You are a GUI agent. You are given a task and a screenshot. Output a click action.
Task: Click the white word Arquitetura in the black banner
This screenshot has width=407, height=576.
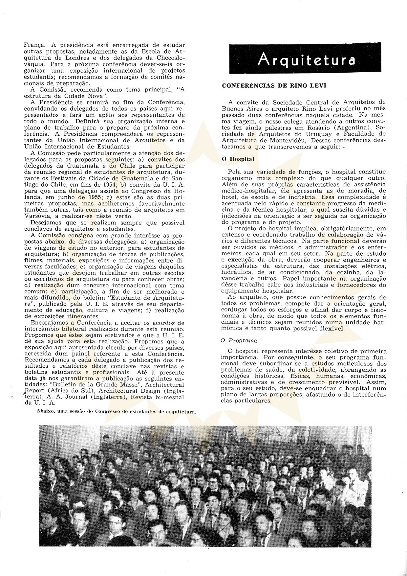pos(307,59)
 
